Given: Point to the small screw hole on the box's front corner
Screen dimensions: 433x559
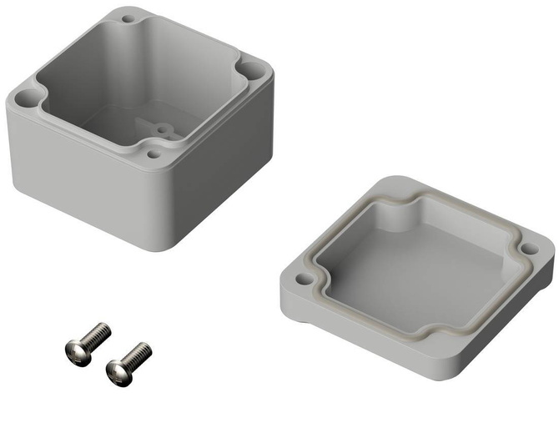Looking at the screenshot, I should click(x=153, y=154).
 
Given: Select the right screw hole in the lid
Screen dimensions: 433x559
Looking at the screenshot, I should click(x=528, y=248).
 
